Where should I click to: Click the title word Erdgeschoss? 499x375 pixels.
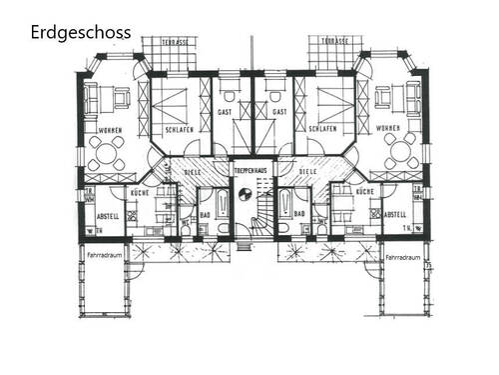click(80, 33)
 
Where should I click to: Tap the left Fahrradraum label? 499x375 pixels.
click(103, 255)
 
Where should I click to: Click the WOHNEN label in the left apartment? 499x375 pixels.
click(110, 130)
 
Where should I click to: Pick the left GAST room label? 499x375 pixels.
click(225, 113)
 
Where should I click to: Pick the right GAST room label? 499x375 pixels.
click(279, 113)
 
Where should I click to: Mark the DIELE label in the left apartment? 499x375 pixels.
click(194, 171)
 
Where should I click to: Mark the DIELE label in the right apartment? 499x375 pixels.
click(307, 171)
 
